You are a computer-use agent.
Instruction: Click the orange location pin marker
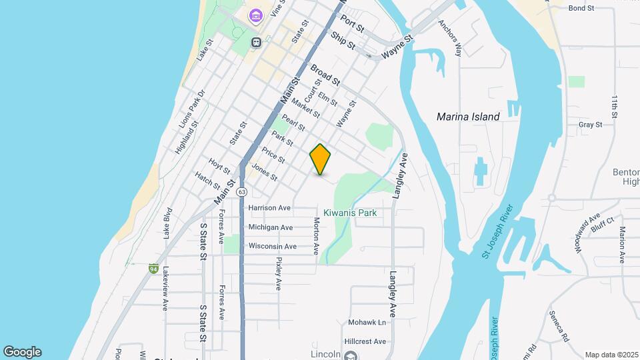[x=320, y=159]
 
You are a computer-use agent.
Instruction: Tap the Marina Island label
[x=468, y=117]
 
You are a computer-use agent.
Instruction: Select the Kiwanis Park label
[x=350, y=213]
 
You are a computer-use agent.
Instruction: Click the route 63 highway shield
[x=241, y=191]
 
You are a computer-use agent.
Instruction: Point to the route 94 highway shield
[x=153, y=269]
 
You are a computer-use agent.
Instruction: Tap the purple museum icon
[x=255, y=15]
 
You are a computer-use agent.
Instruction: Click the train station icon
[x=256, y=42]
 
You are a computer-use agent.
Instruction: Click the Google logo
[x=22, y=352]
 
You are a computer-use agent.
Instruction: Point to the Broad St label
[x=325, y=75]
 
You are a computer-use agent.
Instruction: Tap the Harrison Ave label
[x=269, y=208]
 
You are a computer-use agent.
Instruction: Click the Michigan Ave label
[x=270, y=227]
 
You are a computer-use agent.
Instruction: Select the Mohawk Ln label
[x=367, y=323]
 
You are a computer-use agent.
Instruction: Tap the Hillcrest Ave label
[x=366, y=341]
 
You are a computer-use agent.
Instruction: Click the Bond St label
[x=581, y=8]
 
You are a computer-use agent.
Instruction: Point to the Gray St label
[x=591, y=125]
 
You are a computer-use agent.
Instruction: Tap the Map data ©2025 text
[x=611, y=355]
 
